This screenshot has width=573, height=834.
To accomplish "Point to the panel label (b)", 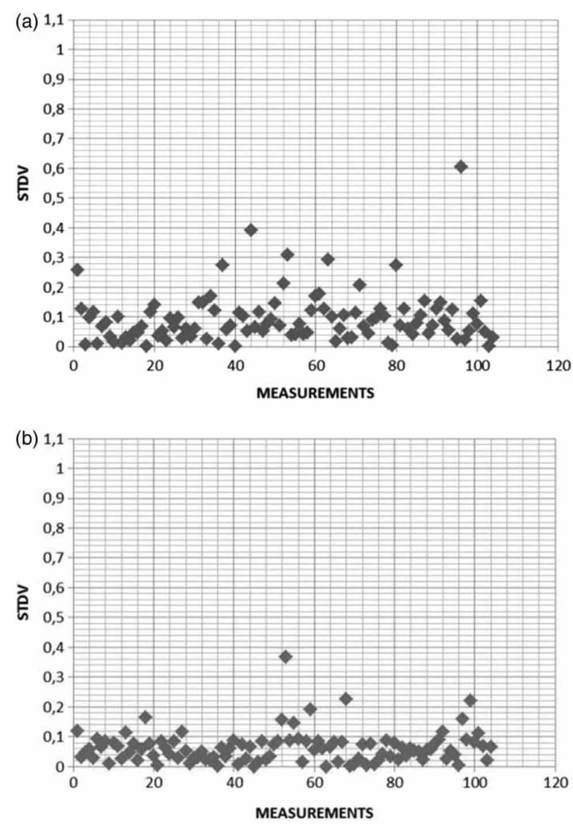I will tap(26, 441).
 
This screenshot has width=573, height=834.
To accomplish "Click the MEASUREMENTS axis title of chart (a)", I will tap(315, 393).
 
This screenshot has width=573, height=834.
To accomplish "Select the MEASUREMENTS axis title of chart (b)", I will tap(314, 813).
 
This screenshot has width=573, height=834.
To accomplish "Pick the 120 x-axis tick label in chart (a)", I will tap(558, 366).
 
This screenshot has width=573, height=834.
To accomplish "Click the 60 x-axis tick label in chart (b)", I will tap(314, 783).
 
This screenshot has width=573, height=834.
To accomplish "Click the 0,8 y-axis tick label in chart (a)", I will tap(53, 109).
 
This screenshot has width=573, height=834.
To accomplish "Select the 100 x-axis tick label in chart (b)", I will tap(475, 783).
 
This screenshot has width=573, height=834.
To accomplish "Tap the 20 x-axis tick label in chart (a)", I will tap(155, 366).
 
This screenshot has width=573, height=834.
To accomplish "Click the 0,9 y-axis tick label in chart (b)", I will tap(53, 499).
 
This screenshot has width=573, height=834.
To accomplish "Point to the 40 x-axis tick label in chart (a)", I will tap(235, 366).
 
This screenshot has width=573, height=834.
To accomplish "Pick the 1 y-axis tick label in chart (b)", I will tap(60, 469).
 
